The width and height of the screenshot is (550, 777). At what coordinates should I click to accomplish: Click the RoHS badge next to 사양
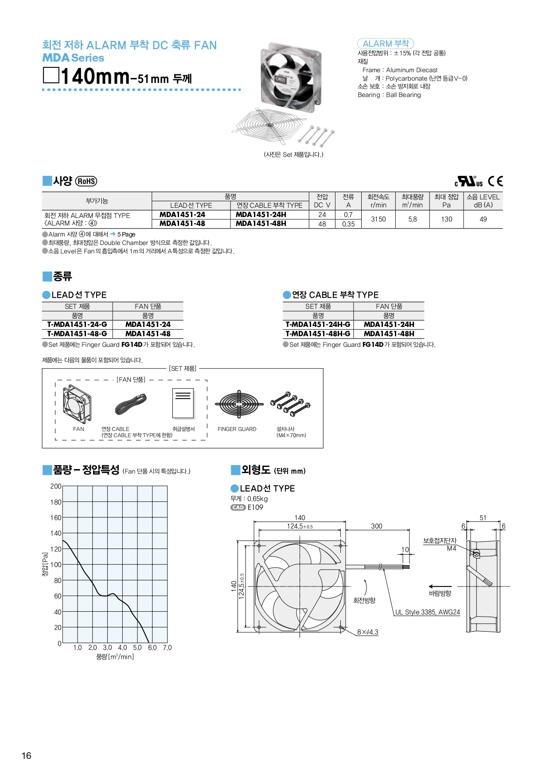pyautogui.click(x=86, y=181)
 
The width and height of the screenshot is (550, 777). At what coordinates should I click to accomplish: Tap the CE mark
pyautogui.click(x=495, y=181)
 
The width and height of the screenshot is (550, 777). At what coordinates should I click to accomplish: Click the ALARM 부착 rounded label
pyautogui.click(x=385, y=43)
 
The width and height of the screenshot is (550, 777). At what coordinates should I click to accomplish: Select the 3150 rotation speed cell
pyautogui.click(x=378, y=219)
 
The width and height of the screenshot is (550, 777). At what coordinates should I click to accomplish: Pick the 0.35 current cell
pyautogui.click(x=348, y=224)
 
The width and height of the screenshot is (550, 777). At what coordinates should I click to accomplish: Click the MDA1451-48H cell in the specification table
pyautogui.click(x=261, y=224)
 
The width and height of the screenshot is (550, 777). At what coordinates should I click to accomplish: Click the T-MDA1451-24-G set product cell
pyautogui.click(x=77, y=325)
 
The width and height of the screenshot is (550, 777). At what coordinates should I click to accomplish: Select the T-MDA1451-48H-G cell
pyautogui.click(x=318, y=334)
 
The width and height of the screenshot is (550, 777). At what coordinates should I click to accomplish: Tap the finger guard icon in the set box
pyautogui.click(x=239, y=404)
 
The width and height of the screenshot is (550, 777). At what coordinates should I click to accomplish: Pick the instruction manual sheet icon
pyautogui.click(x=183, y=403)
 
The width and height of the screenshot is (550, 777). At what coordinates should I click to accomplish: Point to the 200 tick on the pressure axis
pyautogui.click(x=56, y=486)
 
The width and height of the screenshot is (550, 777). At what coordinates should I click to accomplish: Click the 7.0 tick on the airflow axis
pyautogui.click(x=167, y=648)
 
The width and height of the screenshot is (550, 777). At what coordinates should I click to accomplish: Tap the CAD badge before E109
pyautogui.click(x=238, y=508)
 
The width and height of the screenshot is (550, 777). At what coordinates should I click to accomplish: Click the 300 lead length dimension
pyautogui.click(x=376, y=526)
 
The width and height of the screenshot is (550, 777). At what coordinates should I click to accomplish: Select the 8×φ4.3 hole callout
pyautogui.click(x=367, y=632)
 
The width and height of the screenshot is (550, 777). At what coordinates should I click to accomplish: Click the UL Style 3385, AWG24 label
pyautogui.click(x=427, y=612)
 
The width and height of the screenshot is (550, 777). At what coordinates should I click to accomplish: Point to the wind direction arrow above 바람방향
pyautogui.click(x=440, y=587)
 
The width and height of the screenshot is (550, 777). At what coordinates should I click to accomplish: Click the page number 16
pyautogui.click(x=27, y=756)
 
